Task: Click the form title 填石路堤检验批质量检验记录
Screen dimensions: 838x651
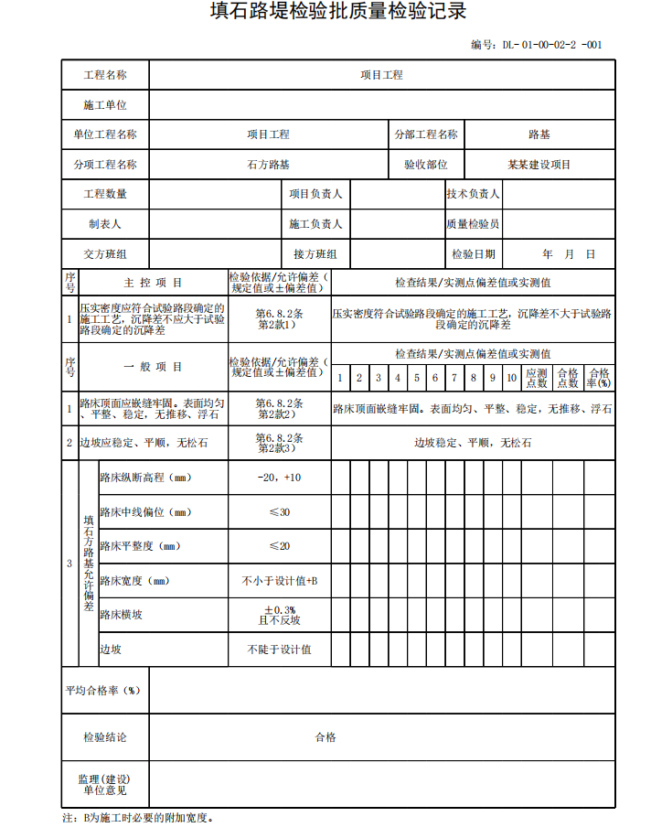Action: coord(325,13)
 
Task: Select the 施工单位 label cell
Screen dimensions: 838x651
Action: coord(105,105)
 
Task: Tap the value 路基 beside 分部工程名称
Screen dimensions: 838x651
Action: coord(539,134)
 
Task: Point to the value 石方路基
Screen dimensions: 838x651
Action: coord(268,165)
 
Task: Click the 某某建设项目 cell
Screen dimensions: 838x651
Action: coord(539,165)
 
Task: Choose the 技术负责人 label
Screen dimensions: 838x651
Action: coord(473,194)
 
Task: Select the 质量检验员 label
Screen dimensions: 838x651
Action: coord(473,224)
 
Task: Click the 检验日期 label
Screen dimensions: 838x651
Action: coord(473,254)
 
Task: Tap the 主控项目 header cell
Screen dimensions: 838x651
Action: coord(153,283)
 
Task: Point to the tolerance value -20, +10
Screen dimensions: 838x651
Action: coord(279,478)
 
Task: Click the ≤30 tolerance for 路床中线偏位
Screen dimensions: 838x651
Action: coord(279,512)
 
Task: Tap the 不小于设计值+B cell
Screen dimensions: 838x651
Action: coord(279,581)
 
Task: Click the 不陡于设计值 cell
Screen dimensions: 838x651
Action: coord(279,650)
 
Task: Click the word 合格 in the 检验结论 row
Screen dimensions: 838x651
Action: coord(325,736)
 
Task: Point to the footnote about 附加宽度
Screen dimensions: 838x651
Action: coord(137,818)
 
